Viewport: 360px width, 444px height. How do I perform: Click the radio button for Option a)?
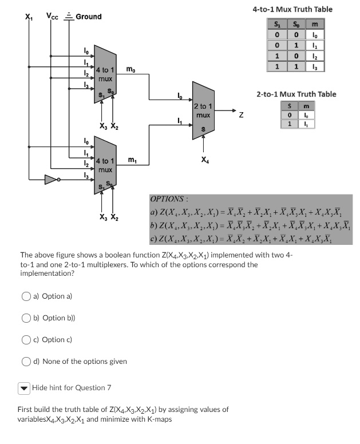point(27,296)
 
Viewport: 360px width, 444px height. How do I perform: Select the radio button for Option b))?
point(27,318)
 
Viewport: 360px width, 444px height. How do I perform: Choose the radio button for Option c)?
point(27,340)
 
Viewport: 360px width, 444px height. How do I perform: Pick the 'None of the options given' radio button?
point(27,362)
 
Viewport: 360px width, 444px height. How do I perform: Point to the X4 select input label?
point(204,160)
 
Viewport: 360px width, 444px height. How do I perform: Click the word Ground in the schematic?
point(88,17)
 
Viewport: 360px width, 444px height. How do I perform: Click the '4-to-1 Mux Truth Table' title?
point(292,10)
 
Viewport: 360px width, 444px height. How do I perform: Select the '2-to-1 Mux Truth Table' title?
point(296,94)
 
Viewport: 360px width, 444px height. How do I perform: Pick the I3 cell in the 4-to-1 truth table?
point(314,67)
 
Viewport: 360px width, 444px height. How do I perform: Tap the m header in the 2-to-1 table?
point(307,106)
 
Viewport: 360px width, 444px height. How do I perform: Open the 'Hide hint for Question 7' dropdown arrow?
point(23,388)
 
